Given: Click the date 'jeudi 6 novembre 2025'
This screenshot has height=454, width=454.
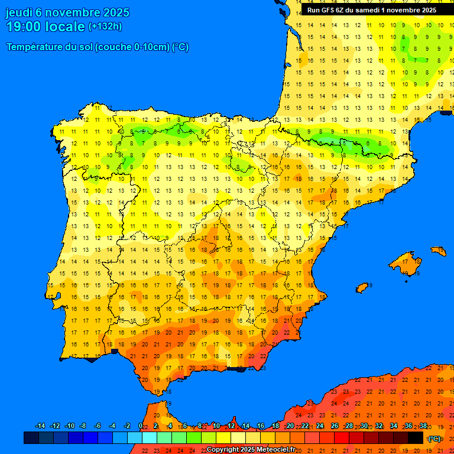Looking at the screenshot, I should (x=67, y=12).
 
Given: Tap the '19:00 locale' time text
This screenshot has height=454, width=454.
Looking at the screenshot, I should (x=46, y=27).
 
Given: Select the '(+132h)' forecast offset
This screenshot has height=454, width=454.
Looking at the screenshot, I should (x=105, y=27).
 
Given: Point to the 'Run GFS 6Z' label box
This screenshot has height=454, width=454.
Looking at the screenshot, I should (x=372, y=10).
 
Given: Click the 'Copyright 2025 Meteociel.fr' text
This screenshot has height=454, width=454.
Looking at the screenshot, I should (x=251, y=449).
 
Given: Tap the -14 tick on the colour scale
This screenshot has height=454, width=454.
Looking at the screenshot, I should (x=40, y=426).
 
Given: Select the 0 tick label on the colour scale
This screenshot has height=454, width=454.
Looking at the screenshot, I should (x=140, y=426).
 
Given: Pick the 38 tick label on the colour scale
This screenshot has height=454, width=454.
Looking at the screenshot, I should (x=423, y=426).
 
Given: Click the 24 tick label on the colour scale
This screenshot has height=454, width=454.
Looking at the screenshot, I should (x=319, y=426).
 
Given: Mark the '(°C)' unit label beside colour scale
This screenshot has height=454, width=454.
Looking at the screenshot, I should (x=434, y=438).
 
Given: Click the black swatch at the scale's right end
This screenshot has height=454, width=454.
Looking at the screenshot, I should (x=416, y=437).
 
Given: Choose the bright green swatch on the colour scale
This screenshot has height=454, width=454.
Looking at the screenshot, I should (x=194, y=437).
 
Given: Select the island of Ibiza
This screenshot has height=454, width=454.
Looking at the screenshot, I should (x=362, y=287).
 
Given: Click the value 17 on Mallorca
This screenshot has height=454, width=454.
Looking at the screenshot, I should (x=404, y=261).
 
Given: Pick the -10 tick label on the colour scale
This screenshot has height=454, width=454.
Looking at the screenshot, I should (x=69, y=426).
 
